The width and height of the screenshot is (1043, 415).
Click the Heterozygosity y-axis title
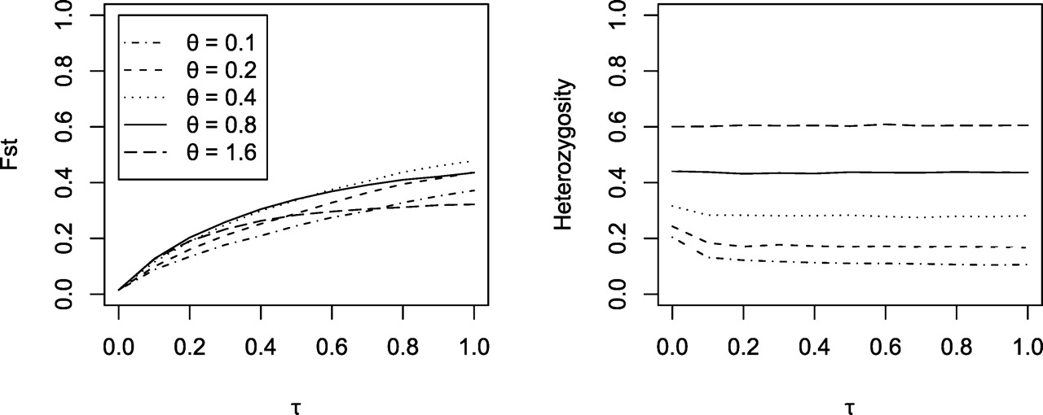(565, 155)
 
